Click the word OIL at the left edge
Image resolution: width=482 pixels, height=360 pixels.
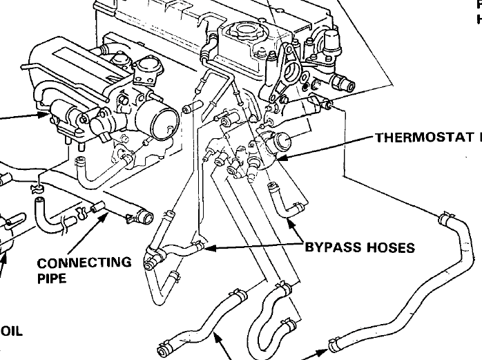[x=12, y=331]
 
